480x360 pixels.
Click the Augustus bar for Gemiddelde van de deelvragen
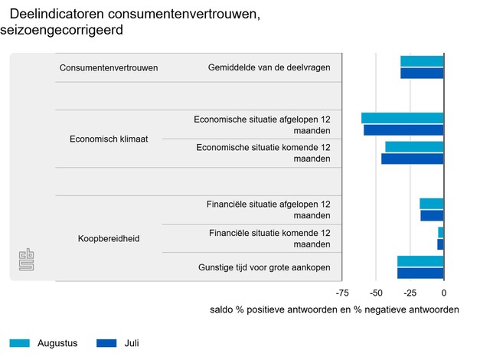tap(422, 61)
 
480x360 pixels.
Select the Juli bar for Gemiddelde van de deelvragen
tap(422, 74)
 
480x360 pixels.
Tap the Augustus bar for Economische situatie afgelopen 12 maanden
tap(403, 118)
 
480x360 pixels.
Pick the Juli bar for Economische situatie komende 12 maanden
tap(413, 159)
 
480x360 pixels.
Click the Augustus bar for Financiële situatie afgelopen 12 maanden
tap(432, 204)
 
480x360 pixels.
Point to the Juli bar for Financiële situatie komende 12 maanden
tap(440, 244)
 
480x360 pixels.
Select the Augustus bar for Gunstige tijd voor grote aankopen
tap(420, 261)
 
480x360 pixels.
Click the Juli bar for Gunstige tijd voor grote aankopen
tap(420, 273)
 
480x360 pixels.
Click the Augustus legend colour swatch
tap(20, 343)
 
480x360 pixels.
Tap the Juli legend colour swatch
tap(106, 343)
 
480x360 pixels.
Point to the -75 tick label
tap(343, 293)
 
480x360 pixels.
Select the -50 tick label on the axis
tap(377, 293)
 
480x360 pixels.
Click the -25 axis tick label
tap(410, 293)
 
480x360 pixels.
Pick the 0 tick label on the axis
tap(444, 293)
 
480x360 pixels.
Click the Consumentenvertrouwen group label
tap(109, 67)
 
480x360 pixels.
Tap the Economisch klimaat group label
tap(109, 139)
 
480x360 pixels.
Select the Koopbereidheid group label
tap(109, 239)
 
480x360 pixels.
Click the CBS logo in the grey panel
tap(27, 259)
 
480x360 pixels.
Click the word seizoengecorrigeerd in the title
tap(67, 31)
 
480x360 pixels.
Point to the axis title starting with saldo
tap(334, 310)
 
